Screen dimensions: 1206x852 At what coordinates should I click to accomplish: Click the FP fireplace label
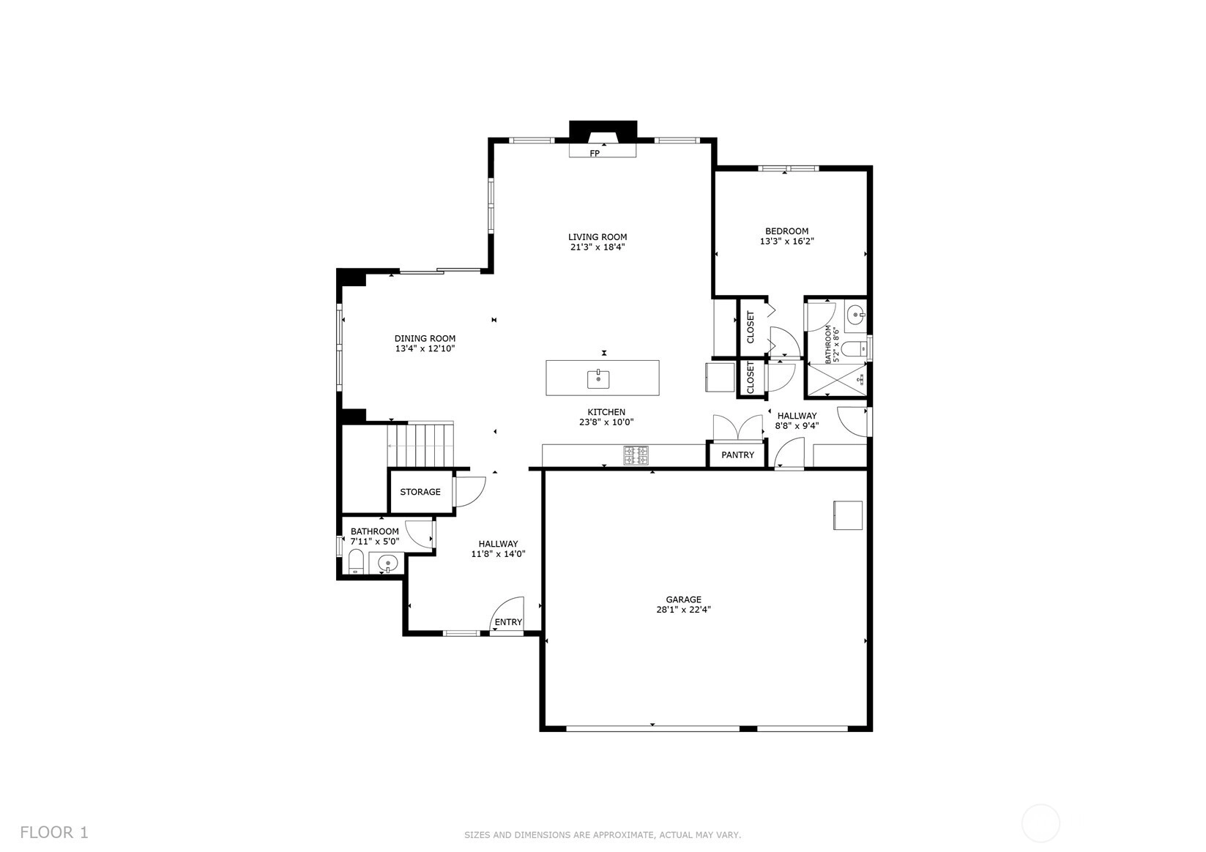tap(595, 154)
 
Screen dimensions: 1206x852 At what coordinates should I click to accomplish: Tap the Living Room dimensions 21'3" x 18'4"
tap(598, 247)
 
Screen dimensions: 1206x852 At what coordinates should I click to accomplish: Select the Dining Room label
tap(425, 339)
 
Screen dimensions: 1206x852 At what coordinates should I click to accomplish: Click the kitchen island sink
tap(598, 378)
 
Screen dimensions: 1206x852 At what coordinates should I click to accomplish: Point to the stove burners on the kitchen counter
tap(636, 455)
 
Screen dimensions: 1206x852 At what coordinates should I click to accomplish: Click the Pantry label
tap(737, 455)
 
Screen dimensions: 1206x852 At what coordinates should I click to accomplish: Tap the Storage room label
tap(420, 492)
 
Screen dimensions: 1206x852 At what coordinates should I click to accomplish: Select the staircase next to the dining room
tap(420, 444)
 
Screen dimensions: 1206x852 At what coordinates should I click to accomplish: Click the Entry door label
tap(508, 622)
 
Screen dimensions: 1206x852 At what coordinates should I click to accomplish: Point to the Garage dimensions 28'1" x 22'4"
tap(684, 610)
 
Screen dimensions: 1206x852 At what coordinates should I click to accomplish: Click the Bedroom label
tap(786, 231)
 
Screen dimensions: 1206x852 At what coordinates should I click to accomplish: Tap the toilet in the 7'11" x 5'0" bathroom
tap(356, 562)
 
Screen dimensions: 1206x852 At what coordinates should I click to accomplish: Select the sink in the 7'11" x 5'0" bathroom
tap(387, 564)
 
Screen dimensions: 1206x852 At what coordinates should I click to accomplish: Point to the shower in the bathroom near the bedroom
tap(835, 381)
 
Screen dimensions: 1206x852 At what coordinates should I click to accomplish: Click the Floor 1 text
tap(54, 833)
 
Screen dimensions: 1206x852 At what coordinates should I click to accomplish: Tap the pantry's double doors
tap(738, 427)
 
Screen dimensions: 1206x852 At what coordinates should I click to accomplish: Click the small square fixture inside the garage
tap(848, 515)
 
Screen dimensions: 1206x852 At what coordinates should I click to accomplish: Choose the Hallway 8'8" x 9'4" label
tap(797, 421)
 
